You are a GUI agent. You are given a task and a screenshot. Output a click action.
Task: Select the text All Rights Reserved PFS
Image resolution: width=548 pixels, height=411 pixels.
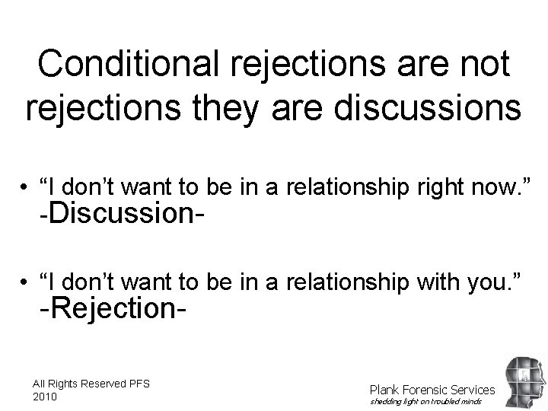tap(91, 383)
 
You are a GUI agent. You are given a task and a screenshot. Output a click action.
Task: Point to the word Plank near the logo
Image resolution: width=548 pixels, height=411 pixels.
tap(384, 390)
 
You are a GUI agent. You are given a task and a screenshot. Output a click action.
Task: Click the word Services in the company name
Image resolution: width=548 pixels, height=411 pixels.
tap(472, 390)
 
